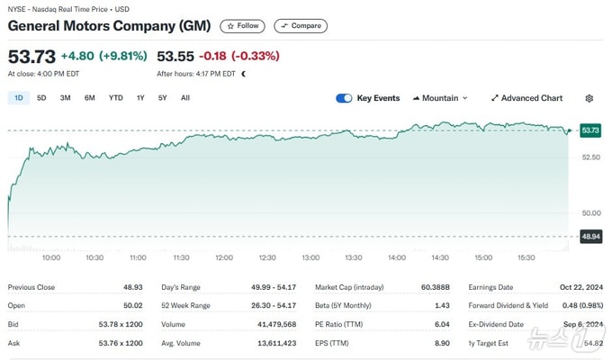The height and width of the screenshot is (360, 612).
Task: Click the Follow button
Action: point(242,26)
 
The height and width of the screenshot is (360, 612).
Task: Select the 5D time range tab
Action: point(41,98)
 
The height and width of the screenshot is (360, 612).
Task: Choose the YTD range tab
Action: point(115,98)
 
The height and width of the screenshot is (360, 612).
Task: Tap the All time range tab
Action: point(185,98)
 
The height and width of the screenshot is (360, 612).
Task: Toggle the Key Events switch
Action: point(344,98)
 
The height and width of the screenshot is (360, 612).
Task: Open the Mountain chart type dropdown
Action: point(440,98)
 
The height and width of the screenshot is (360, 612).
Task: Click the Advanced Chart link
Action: point(526,98)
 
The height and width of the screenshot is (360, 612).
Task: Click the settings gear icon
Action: point(589,98)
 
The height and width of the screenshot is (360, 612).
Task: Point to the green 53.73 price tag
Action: point(590,130)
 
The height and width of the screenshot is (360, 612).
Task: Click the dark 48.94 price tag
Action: point(590,237)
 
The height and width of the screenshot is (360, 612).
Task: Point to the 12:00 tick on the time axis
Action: point(224,257)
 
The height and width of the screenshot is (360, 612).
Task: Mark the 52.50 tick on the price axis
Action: point(591,157)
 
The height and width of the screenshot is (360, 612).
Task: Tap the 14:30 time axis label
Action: point(440,257)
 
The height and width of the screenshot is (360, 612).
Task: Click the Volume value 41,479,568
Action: point(276,325)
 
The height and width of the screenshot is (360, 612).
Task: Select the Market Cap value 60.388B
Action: point(436,287)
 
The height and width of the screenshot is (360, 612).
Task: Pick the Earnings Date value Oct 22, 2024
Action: point(581,287)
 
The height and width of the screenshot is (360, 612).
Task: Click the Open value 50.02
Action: point(132,306)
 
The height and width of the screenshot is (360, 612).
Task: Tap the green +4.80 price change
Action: point(77,56)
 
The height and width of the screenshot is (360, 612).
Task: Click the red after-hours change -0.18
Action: point(212,56)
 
